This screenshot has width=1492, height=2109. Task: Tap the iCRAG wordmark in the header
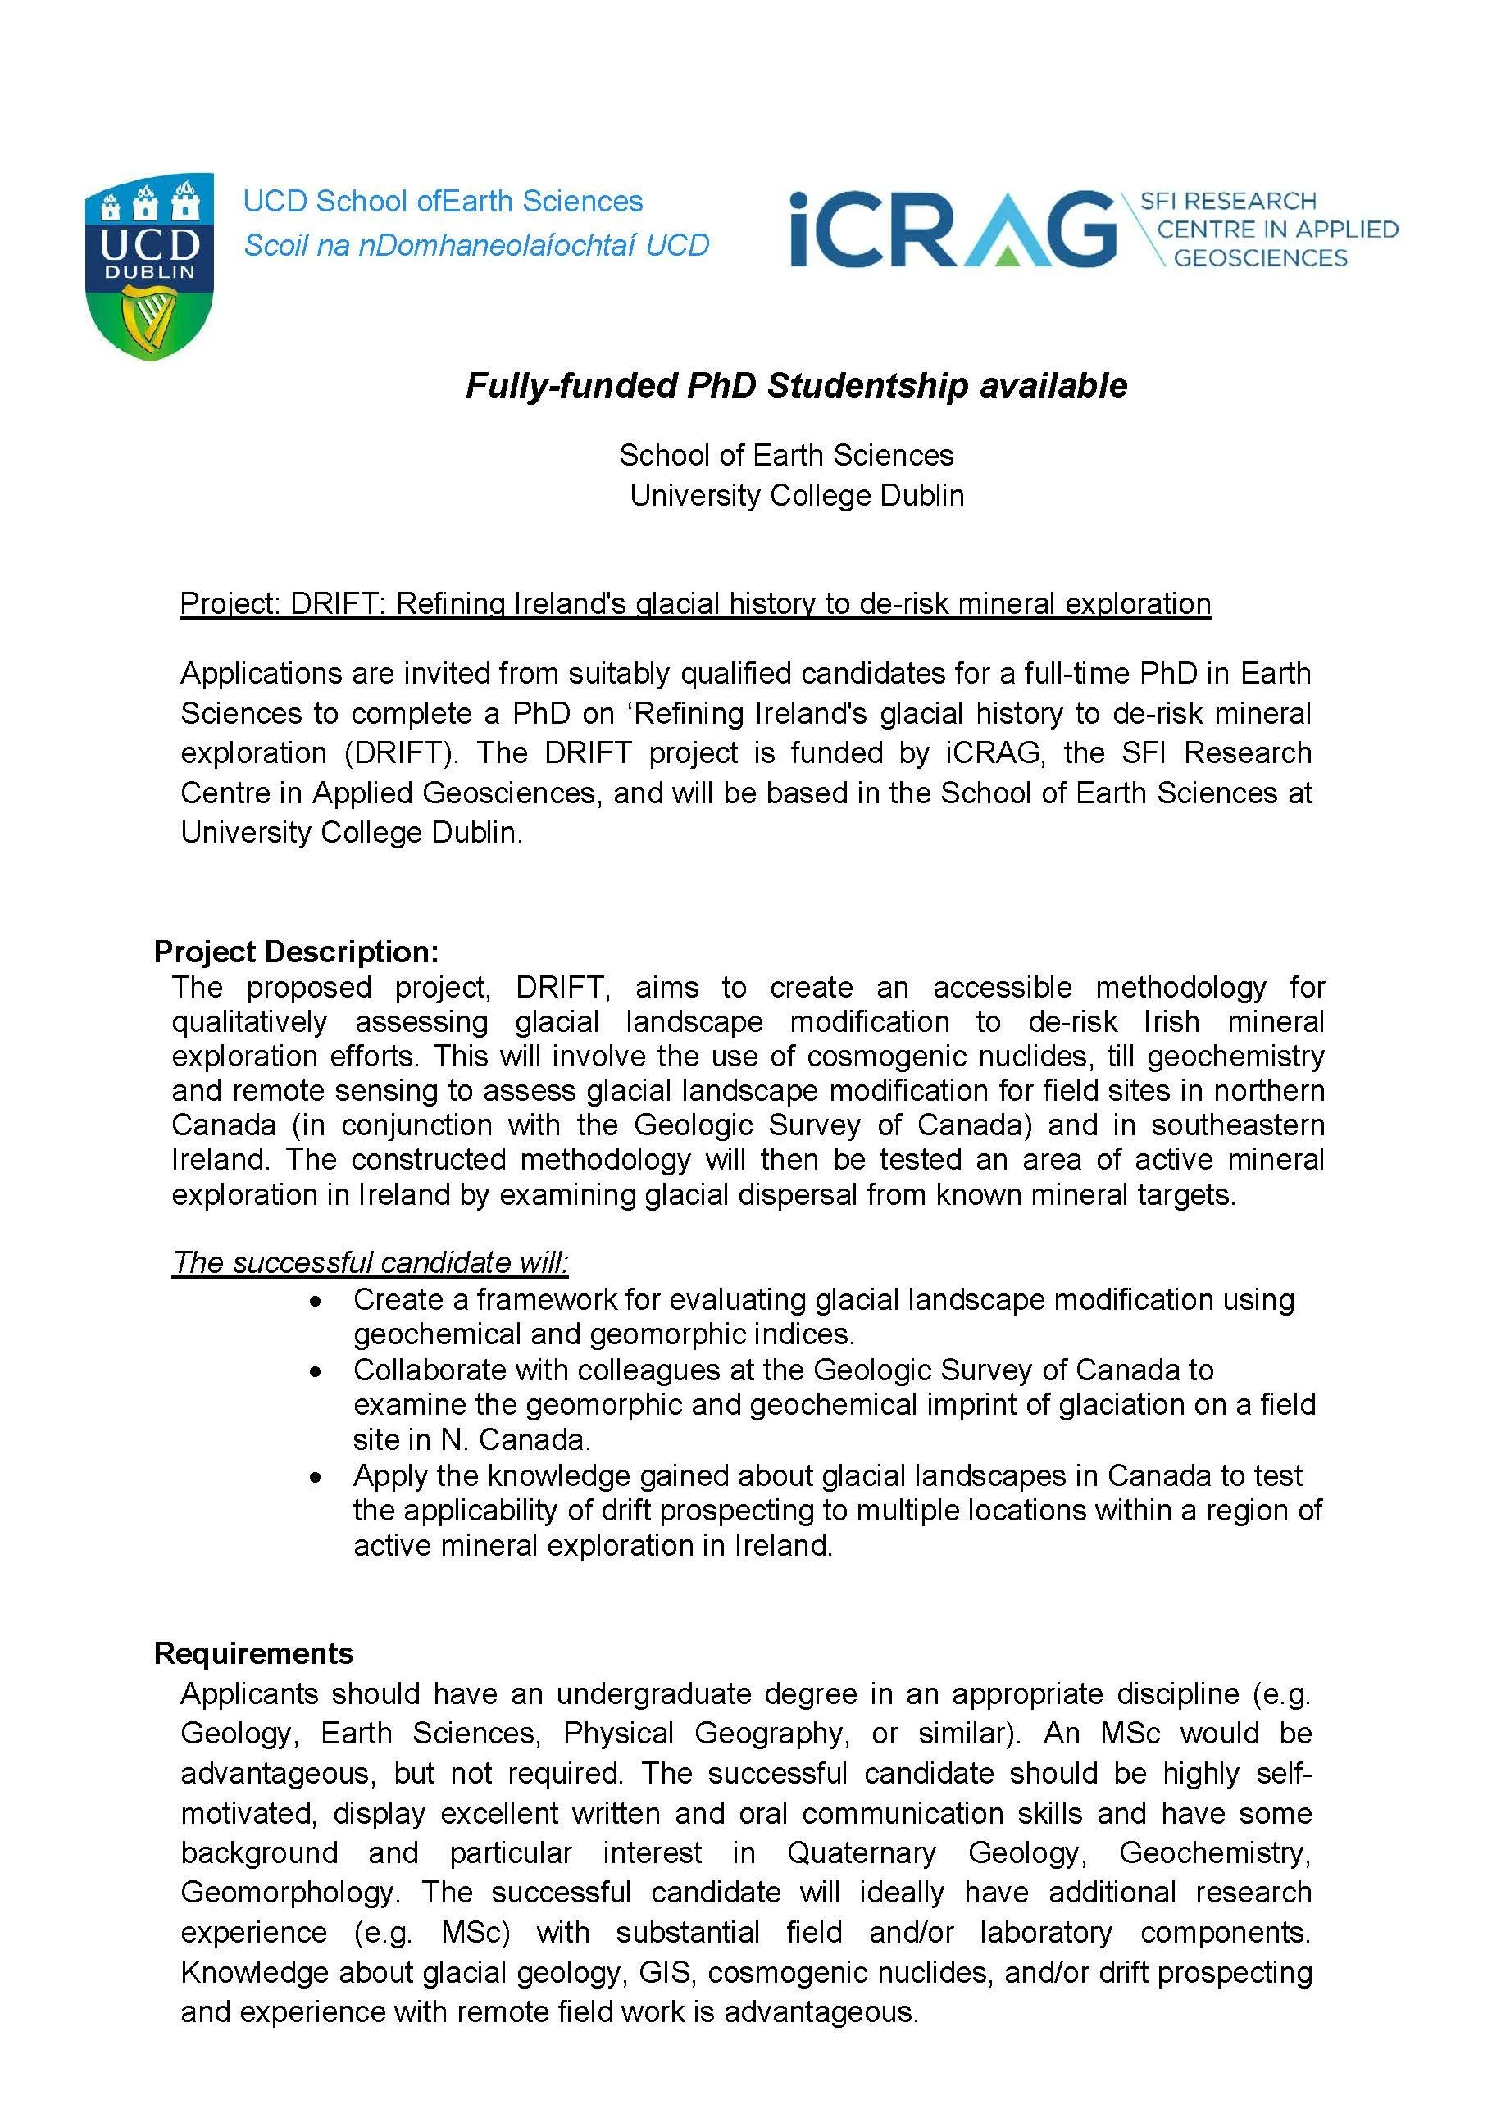click(x=952, y=229)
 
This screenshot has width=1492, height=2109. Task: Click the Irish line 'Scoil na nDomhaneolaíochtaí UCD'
click(x=476, y=245)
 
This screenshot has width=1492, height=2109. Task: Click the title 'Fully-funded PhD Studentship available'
click(x=796, y=385)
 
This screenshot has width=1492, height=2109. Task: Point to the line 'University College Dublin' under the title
click(x=796, y=495)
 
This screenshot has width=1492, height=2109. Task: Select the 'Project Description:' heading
click(x=296, y=951)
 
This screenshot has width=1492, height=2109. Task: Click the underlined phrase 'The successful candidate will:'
click(x=371, y=1262)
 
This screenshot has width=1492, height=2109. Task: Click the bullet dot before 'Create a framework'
click(x=316, y=1302)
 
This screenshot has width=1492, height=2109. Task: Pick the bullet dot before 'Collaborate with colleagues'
click(x=316, y=1371)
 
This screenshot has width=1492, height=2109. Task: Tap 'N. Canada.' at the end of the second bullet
click(x=516, y=1439)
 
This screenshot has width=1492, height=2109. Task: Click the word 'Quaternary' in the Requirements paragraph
click(x=861, y=1852)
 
